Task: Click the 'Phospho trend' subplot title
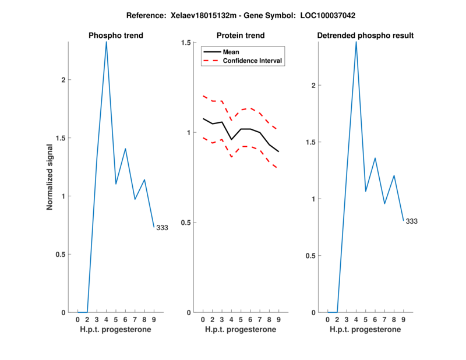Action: [116, 36]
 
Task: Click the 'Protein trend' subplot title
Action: [241, 36]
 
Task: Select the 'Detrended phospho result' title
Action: [365, 36]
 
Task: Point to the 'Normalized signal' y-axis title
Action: [50, 177]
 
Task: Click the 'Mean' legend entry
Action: [231, 52]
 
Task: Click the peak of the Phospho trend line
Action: [106, 42]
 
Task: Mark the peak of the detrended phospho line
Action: [356, 42]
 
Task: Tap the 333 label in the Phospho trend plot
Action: [162, 228]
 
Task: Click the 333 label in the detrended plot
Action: [411, 221]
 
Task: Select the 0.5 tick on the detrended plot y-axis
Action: [313, 256]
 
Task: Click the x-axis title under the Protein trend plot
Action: [241, 329]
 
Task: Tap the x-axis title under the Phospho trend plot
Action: [116, 329]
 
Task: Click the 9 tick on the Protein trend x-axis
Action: [278, 319]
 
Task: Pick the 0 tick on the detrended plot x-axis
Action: [327, 319]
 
